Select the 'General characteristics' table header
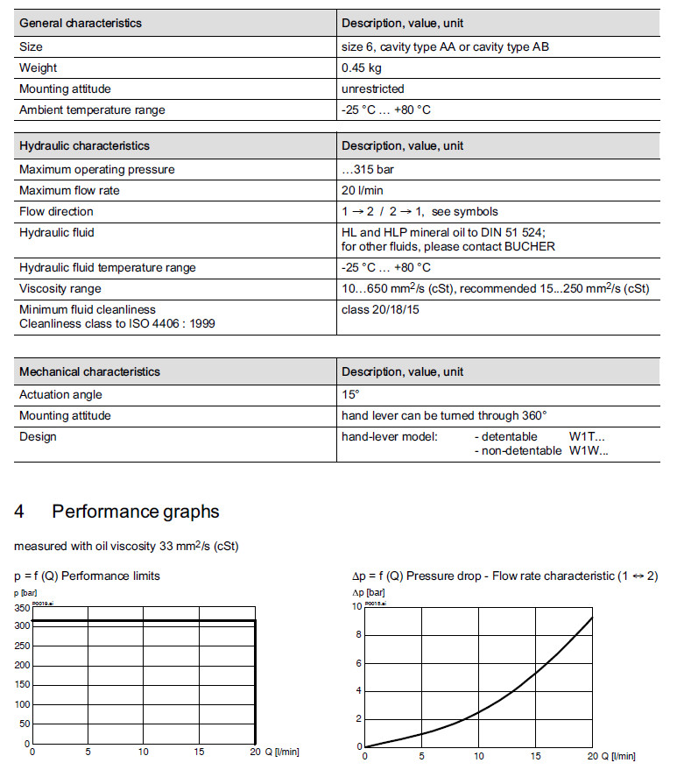click(x=80, y=23)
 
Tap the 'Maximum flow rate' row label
click(x=69, y=190)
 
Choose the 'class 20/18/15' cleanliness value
click(x=380, y=309)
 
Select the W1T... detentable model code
click(x=587, y=436)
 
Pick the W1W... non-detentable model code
click(x=588, y=451)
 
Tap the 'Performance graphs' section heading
click(x=136, y=512)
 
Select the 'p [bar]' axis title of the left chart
click(x=25, y=593)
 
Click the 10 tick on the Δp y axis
click(x=356, y=606)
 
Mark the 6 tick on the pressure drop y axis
click(x=359, y=663)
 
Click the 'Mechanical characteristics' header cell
click(x=89, y=371)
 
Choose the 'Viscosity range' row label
click(x=60, y=288)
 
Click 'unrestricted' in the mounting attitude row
click(x=372, y=88)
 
